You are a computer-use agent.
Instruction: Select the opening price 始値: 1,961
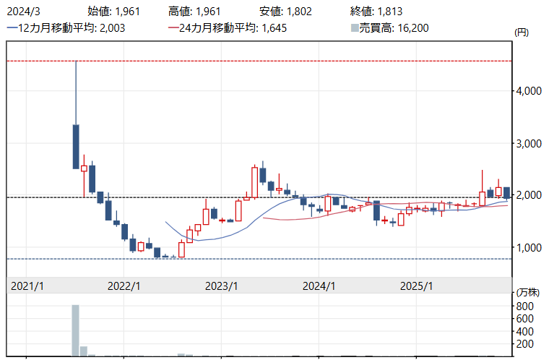point(113,11)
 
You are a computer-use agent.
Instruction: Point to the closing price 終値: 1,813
point(375,11)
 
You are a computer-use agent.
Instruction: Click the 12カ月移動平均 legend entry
point(59,27)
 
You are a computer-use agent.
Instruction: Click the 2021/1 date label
point(27,286)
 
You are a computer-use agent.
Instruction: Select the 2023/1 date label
point(222,286)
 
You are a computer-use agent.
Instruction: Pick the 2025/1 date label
point(417,286)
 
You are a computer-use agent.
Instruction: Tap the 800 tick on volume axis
point(524,306)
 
